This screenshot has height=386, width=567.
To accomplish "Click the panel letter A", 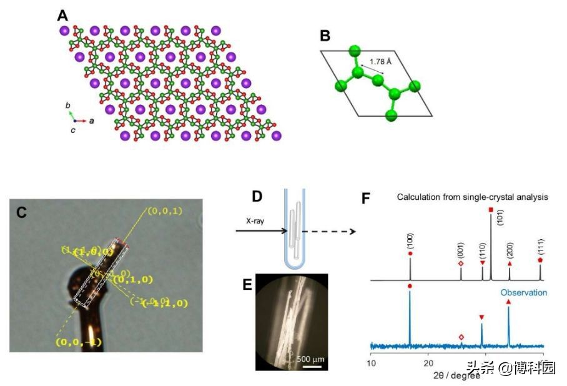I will [62, 14].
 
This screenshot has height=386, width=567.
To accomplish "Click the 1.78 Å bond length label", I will [380, 62].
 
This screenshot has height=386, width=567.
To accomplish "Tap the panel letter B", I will [325, 36].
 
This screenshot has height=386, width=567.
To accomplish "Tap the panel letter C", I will [21, 212].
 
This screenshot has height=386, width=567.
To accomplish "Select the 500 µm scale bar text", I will [308, 358].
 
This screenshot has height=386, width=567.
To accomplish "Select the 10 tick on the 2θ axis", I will [372, 363].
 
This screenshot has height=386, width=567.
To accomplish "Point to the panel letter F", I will [367, 199].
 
